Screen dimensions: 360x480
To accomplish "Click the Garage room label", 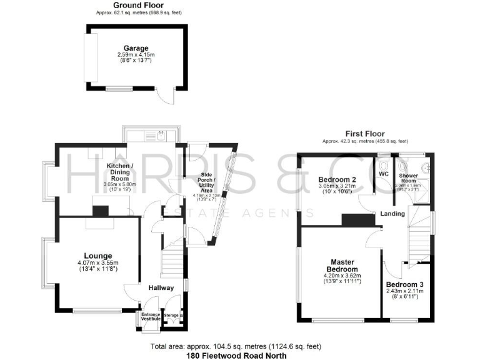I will click(136, 48).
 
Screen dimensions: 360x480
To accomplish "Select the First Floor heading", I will click(365, 134).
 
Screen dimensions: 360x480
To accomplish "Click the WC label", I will click(384, 173).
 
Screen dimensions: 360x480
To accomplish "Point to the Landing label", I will click(392, 214).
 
